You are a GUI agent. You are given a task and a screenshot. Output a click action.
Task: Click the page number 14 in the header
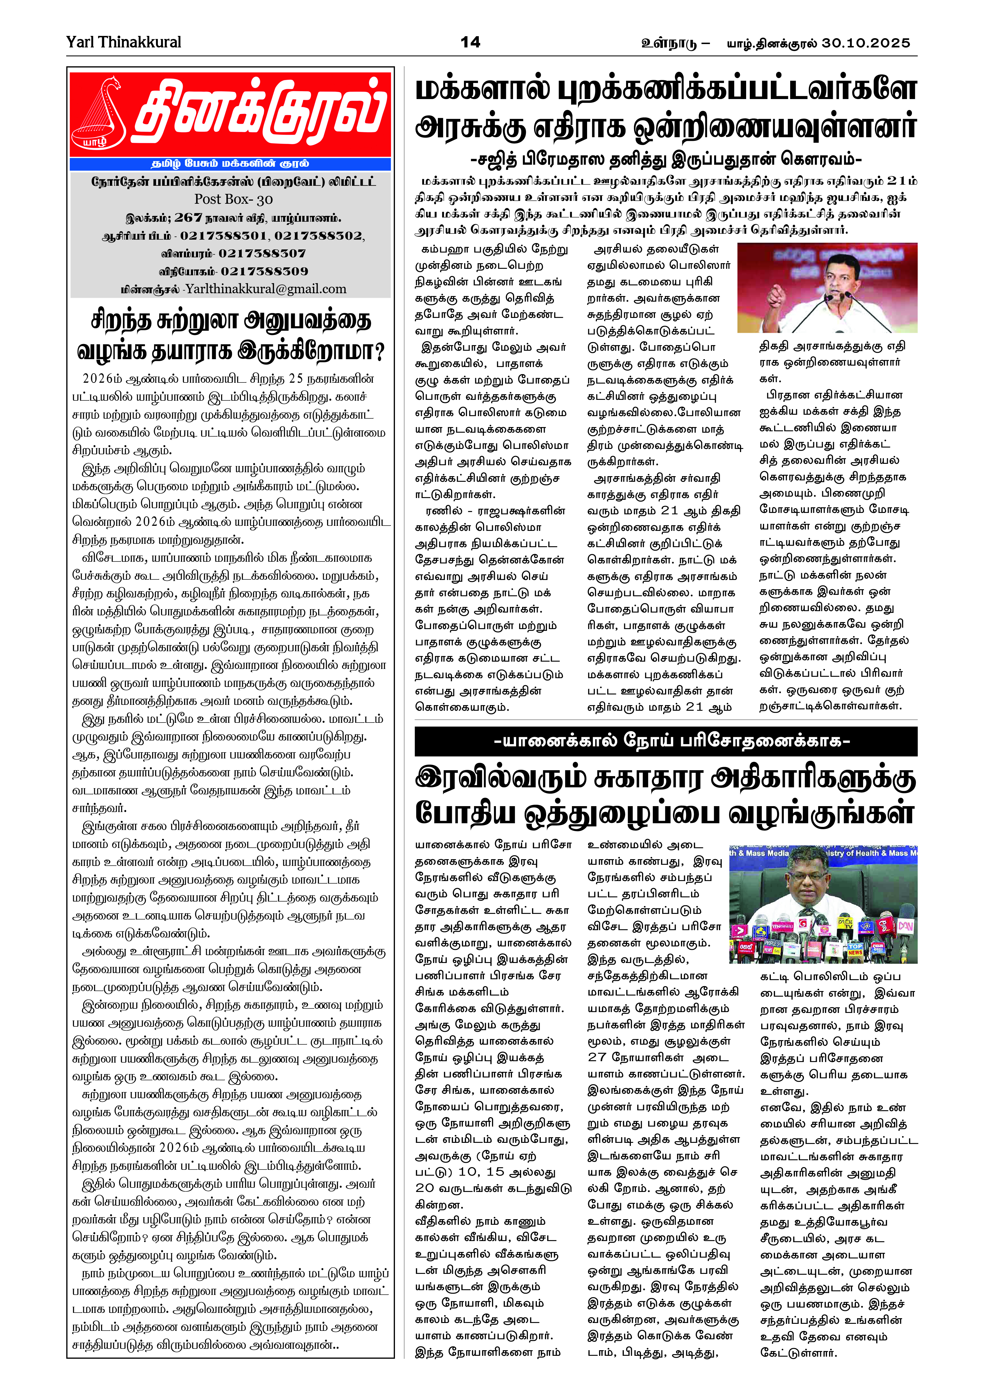tap(470, 42)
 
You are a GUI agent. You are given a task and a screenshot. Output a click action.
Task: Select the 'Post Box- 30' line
tap(233, 199)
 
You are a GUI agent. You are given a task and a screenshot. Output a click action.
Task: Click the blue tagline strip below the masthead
tap(230, 164)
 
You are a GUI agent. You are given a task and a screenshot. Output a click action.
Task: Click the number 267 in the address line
tap(188, 218)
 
